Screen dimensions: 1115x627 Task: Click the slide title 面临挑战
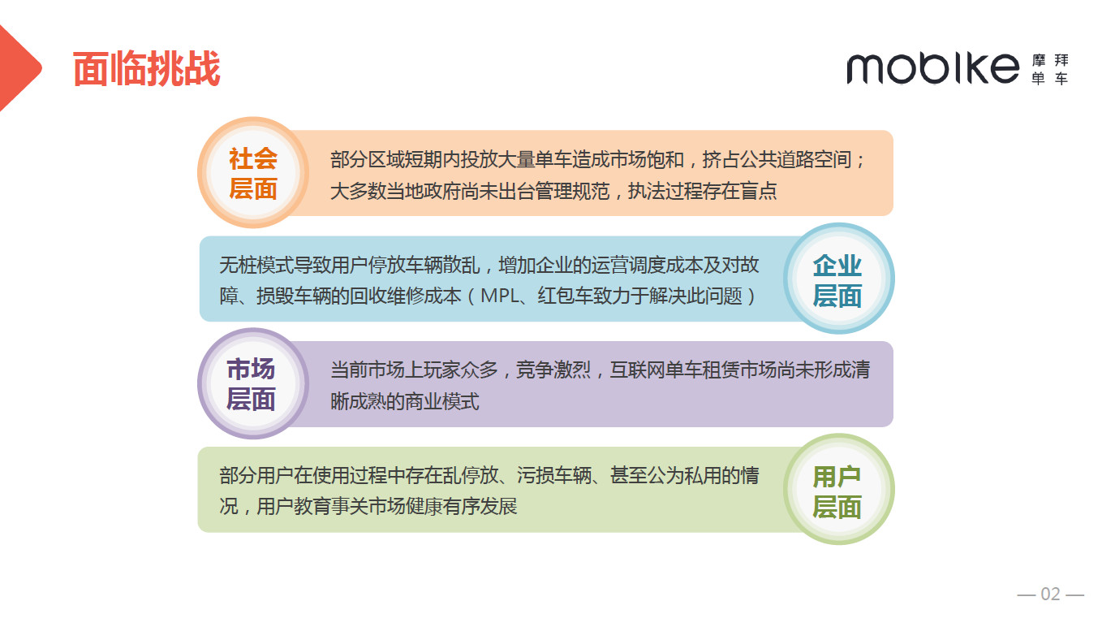click(146, 69)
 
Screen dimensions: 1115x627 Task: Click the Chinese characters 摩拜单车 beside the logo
click(1050, 69)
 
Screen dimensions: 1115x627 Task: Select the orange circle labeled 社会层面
click(253, 172)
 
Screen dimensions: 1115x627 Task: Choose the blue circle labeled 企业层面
click(839, 279)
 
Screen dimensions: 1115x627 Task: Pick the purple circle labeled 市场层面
click(253, 383)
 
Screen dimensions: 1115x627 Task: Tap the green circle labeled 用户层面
click(839, 489)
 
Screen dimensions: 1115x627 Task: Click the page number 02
click(1050, 595)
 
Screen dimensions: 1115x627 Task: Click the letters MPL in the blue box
click(499, 296)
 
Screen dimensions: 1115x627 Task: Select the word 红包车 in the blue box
click(566, 296)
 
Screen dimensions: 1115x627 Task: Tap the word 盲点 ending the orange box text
click(758, 191)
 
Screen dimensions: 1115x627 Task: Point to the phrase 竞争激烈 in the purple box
click(553, 370)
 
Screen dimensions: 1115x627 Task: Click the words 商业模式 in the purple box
click(442, 401)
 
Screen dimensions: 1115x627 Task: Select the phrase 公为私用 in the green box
click(684, 476)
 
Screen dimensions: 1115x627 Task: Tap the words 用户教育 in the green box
click(294, 507)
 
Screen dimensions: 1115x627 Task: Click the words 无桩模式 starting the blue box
click(256, 265)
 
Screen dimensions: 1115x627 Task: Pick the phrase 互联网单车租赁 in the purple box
click(674, 370)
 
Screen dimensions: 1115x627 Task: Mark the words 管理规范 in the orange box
click(572, 191)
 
